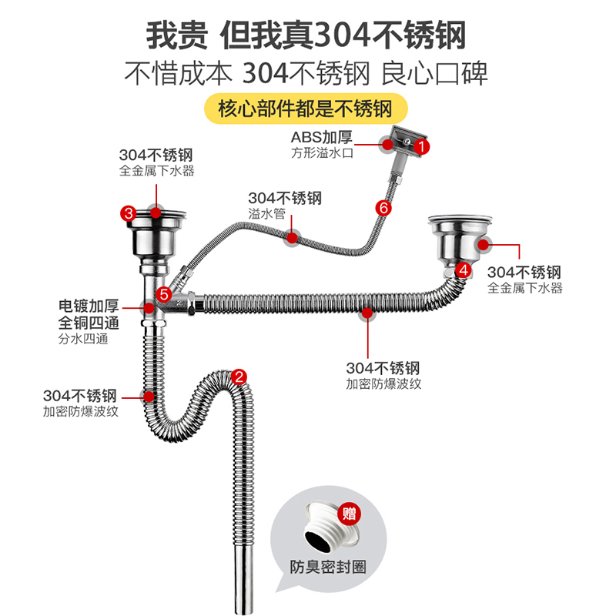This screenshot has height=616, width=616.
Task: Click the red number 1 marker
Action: tap(421, 144)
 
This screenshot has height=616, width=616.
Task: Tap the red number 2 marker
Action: tap(239, 377)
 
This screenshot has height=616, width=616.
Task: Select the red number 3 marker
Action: tap(129, 213)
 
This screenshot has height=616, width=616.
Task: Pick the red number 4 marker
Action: tap(463, 269)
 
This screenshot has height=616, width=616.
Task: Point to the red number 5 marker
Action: tap(164, 293)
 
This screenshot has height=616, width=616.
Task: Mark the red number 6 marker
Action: tap(383, 207)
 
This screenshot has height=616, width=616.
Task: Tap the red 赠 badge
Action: tap(350, 514)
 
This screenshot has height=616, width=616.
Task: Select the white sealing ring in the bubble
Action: tap(326, 528)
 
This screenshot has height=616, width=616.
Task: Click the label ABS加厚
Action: tap(321, 137)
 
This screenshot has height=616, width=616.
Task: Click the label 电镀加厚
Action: tap(89, 306)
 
